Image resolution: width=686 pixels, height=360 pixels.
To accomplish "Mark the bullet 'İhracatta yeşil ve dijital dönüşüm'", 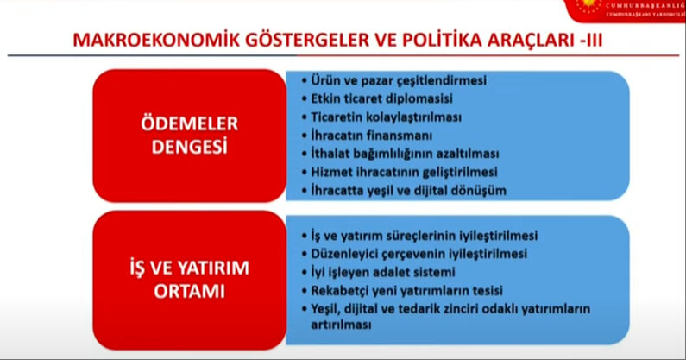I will click(x=409, y=189).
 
